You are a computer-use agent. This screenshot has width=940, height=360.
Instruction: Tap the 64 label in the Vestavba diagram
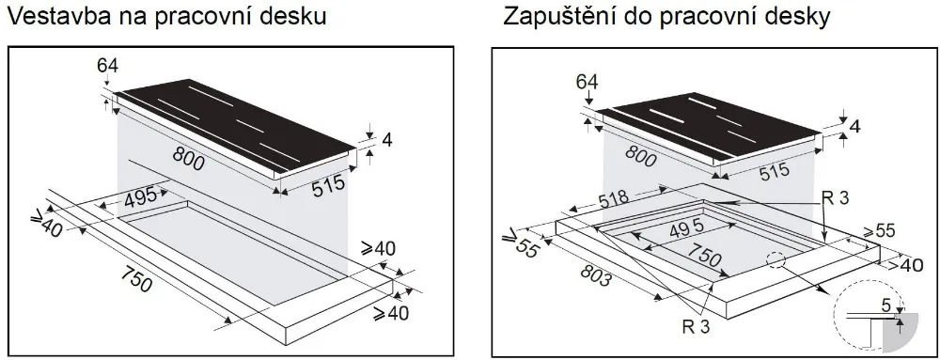click(x=109, y=66)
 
